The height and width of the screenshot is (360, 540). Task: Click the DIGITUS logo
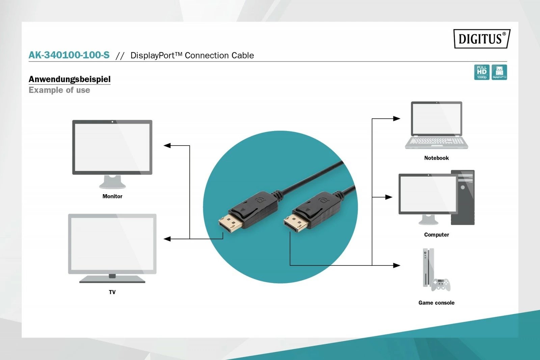(x=482, y=38)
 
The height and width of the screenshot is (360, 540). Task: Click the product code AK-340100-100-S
(x=69, y=55)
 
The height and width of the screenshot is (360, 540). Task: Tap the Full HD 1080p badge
(x=482, y=72)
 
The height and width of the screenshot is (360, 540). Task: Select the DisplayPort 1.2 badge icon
(x=499, y=72)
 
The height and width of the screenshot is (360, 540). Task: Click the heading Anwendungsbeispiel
(x=70, y=79)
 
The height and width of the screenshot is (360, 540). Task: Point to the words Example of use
(x=59, y=90)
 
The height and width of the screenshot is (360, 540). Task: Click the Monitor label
(x=112, y=196)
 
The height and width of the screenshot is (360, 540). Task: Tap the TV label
(x=112, y=292)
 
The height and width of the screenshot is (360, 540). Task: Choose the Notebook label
(x=436, y=158)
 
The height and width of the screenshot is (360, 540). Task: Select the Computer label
(x=436, y=235)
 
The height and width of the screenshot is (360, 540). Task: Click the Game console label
(x=436, y=303)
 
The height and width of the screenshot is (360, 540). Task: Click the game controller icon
(x=441, y=285)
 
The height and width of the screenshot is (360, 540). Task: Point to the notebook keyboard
(x=436, y=141)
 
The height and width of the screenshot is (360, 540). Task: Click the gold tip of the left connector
(x=230, y=223)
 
